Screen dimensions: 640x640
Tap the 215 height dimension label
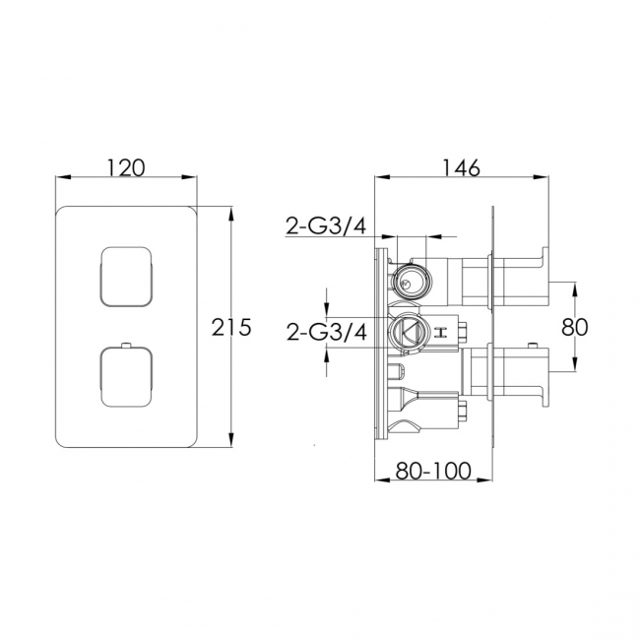232,327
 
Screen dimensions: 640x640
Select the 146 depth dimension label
460,167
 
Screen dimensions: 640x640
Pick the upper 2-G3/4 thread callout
326,228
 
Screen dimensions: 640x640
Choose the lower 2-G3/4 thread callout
326,332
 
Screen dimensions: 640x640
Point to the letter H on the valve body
442,331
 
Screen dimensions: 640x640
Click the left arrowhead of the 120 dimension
60,178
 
